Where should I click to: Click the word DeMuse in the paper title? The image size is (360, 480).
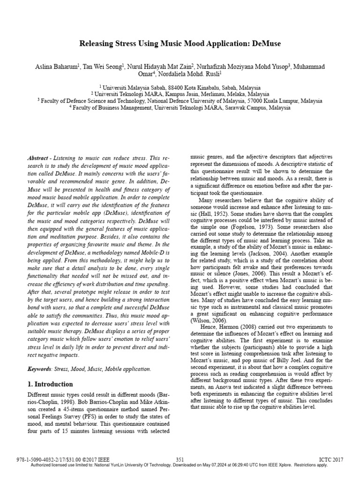[x=265, y=44]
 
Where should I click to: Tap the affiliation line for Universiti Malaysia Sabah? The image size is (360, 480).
[x=180, y=88]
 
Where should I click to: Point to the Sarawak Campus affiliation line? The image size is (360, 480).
[x=180, y=107]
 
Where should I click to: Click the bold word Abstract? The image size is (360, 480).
[x=37, y=159]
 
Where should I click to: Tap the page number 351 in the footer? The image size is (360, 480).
[x=180, y=459]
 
